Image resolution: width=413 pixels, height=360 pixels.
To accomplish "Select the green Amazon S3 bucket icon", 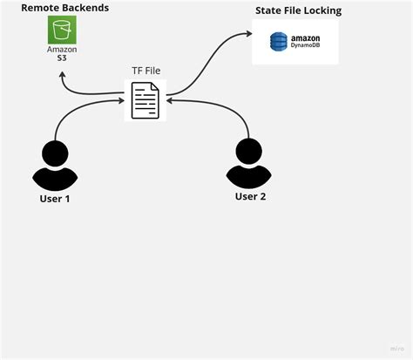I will tap(62, 31).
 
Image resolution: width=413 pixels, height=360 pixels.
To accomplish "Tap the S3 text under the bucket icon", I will tap(62, 58).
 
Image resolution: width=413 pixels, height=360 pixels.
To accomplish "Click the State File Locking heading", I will tap(298, 11).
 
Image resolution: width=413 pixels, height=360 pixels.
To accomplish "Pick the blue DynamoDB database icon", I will tap(278, 42).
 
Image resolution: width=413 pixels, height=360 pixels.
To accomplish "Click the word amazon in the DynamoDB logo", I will tap(304, 37).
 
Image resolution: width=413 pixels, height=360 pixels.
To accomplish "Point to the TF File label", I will tap(145, 70).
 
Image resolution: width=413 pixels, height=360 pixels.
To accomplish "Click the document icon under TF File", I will tap(145, 99).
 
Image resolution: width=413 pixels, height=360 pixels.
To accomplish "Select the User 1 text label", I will tap(55, 199).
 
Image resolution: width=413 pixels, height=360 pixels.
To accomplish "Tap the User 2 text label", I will tap(250, 196).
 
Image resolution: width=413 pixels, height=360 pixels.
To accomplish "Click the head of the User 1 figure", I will tap(55, 154).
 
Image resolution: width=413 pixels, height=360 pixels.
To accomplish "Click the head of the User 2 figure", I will tap(250, 153).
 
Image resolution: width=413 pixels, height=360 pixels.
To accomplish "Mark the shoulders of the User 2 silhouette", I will tap(250, 177).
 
